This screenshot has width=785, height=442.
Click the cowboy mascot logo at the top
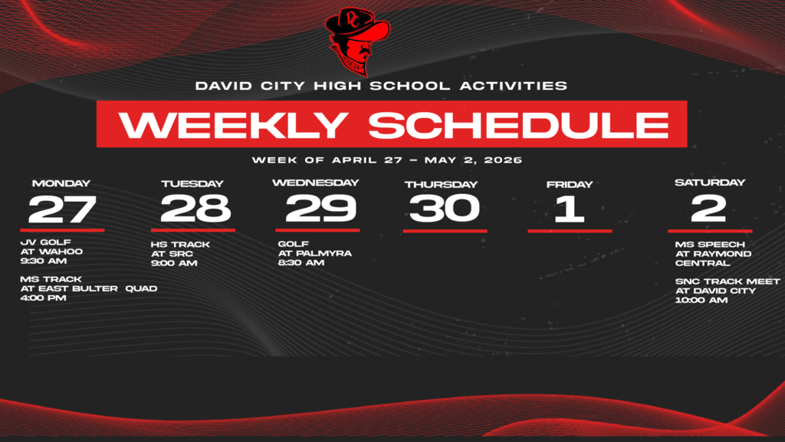tap(357, 40)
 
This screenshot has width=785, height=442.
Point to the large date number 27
tap(62, 209)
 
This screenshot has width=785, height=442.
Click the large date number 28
tap(195, 208)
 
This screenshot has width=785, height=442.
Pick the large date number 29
tap(320, 208)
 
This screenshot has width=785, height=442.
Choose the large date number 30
tap(444, 208)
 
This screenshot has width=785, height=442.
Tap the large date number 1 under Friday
tap(569, 209)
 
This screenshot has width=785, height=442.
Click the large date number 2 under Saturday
tap(708, 208)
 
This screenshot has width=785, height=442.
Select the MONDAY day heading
tap(61, 183)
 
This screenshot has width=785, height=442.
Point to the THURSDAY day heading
tap(441, 184)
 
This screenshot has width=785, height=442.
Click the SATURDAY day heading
tap(710, 183)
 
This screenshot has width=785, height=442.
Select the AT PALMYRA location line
tap(314, 253)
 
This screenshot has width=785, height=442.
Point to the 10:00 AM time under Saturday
tap(701, 300)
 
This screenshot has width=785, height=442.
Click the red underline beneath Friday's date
tap(570, 230)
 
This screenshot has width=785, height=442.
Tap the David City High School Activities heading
tap(381, 86)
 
